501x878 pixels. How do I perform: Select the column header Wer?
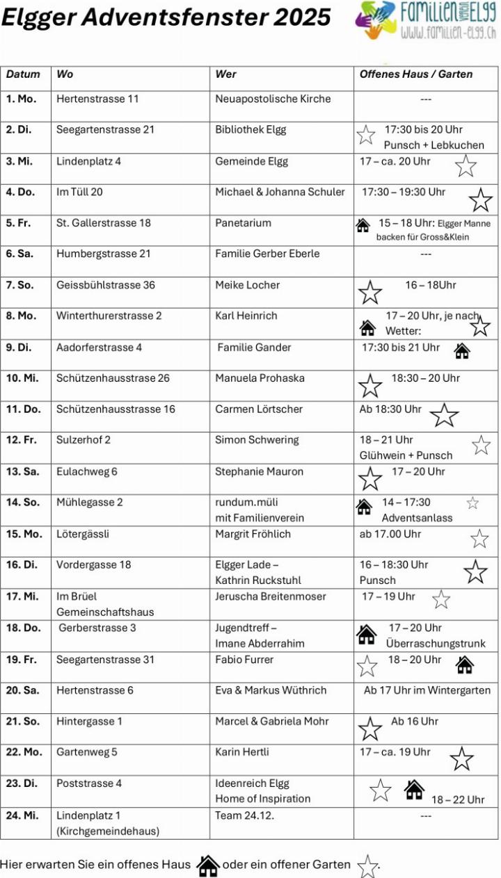225,74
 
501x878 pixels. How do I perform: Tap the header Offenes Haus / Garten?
415,74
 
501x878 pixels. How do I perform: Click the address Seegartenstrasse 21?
105,130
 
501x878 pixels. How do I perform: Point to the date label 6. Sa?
20,254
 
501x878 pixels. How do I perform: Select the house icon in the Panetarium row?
363,225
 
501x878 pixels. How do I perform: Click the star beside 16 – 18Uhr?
369,292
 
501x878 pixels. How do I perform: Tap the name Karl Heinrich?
246,316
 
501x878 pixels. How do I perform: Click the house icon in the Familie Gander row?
462,351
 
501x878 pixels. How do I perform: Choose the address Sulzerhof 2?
83,440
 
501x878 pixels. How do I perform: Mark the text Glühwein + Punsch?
406,455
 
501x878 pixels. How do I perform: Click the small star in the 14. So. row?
472,503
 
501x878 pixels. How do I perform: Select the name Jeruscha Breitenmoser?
270,596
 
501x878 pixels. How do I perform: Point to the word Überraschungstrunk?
436,644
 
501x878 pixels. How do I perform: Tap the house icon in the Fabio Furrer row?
465,665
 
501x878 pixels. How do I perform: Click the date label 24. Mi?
22,815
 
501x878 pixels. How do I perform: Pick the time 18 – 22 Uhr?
458,799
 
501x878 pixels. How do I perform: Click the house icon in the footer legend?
207,865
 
